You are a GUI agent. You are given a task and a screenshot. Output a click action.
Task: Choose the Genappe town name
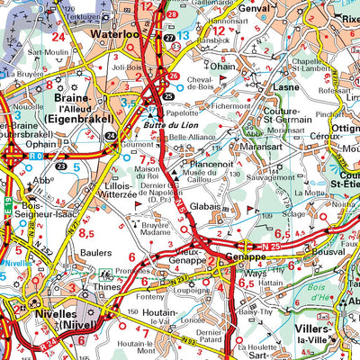[x=240, y=255]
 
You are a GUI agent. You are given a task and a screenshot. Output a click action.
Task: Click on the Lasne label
[x=287, y=88]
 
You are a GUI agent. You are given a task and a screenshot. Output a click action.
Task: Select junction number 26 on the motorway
[x=173, y=76]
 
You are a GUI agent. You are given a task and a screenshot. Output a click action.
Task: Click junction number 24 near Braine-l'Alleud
[x=110, y=135]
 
